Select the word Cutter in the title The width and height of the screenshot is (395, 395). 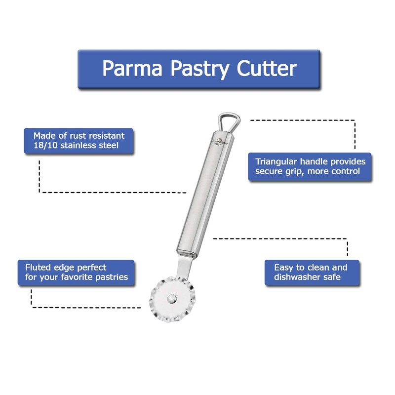pos(267,69)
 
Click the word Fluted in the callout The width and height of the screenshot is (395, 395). pos(38,267)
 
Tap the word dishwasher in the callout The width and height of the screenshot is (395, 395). pos(295,277)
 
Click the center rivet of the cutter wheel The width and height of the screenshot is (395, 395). pos(171,298)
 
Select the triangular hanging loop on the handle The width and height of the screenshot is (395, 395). pos(228,121)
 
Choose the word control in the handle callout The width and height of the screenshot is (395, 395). pos(345,172)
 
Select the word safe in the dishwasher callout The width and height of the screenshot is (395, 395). pos(331,277)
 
